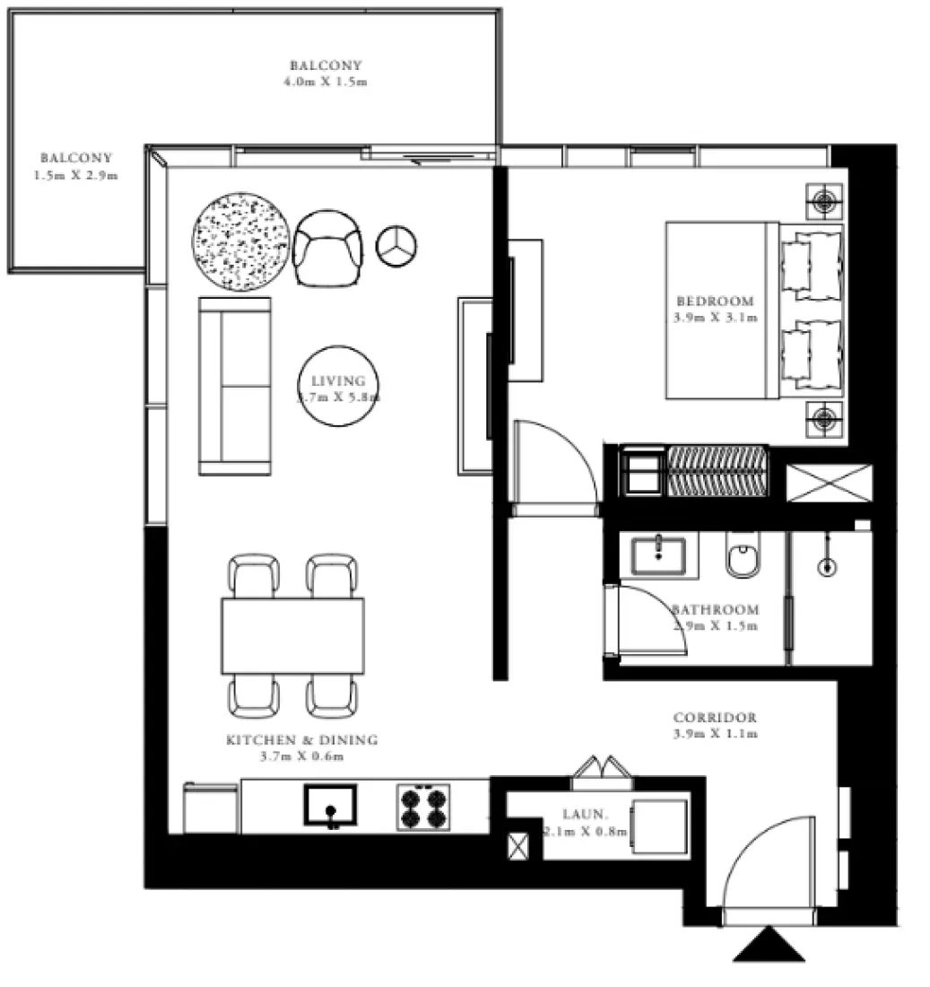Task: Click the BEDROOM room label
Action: [x=715, y=301]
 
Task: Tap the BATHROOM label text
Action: [x=716, y=609]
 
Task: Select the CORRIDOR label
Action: [x=715, y=718]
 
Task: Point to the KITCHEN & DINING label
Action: [x=301, y=740]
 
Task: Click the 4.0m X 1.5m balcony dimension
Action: [x=326, y=81]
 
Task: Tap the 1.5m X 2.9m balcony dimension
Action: [x=75, y=176]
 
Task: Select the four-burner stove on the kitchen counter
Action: [x=422, y=807]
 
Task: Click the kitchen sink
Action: [x=330, y=805]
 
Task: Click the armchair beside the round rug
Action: [x=328, y=248]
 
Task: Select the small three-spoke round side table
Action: [x=395, y=245]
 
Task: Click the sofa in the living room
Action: [x=235, y=386]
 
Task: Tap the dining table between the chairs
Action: [x=293, y=636]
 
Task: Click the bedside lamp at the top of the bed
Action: [x=824, y=200]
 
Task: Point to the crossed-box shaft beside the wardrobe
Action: [x=829, y=483]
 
